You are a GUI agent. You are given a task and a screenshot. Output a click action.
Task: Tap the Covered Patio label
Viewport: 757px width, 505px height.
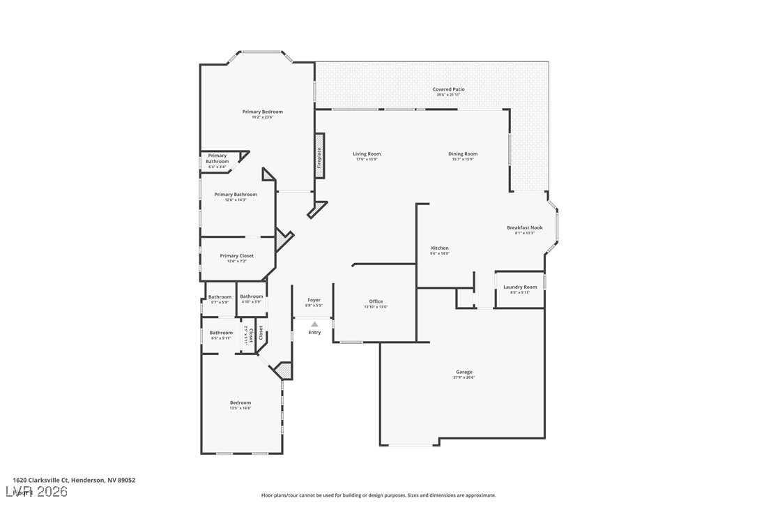(x=448, y=90)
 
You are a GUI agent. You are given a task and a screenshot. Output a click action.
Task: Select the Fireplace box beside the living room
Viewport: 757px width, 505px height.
(x=319, y=156)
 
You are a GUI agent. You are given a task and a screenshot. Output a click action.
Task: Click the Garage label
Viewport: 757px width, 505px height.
(x=464, y=372)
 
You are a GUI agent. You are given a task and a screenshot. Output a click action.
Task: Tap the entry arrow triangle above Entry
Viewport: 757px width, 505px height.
(x=314, y=324)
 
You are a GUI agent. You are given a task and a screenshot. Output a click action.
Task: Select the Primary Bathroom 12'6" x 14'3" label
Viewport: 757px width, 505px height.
(x=235, y=195)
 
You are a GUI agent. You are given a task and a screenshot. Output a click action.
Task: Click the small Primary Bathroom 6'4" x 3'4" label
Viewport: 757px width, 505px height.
(x=217, y=159)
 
